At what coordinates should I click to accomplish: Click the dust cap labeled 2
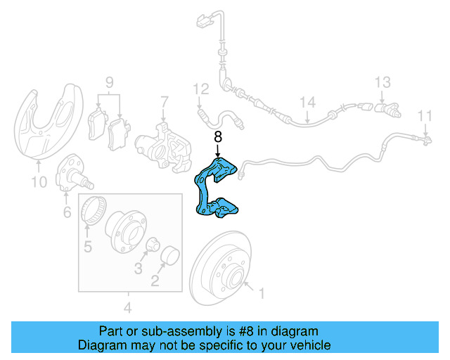click(170, 257)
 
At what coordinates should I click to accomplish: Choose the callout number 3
click(138, 268)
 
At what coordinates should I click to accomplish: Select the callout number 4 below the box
click(127, 307)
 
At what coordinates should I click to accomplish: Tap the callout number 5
click(88, 245)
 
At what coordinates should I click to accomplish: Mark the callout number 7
click(164, 101)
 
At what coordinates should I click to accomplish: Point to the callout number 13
click(382, 82)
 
